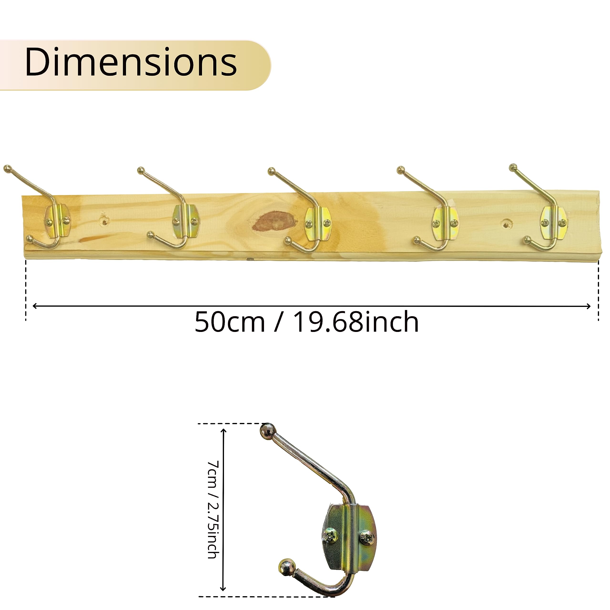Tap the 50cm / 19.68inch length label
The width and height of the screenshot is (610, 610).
click(307, 322)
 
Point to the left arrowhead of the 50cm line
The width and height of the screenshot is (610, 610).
click(35, 306)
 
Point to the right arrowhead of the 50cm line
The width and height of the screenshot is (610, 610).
click(588, 306)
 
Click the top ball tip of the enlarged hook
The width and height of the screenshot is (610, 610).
click(267, 431)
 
